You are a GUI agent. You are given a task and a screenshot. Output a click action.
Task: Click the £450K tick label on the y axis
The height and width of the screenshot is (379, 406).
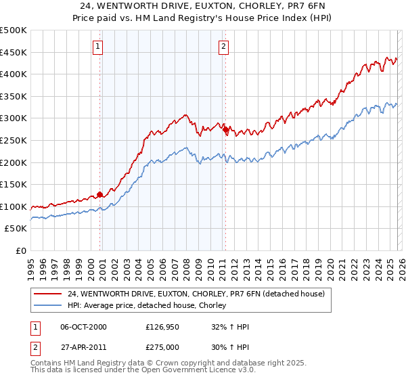(x=14, y=52)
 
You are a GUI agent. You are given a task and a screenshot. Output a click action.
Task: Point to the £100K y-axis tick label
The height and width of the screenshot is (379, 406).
(x=14, y=206)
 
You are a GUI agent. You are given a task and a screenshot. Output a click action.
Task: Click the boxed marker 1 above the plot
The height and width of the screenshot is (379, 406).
(x=99, y=47)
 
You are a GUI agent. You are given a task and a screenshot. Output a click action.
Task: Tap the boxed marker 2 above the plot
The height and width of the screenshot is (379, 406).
(x=223, y=47)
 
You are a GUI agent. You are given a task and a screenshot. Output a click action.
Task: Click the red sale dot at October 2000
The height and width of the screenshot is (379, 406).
(x=100, y=194)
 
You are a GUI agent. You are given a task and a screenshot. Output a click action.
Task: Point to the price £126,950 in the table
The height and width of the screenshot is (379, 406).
(x=165, y=327)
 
